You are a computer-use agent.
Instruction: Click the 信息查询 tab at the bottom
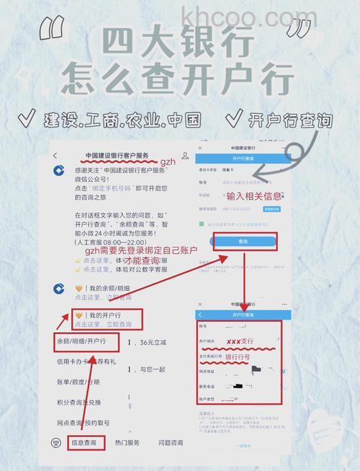(x=87, y=442)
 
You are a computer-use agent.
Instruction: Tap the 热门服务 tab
(x=127, y=442)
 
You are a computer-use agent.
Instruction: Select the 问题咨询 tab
(x=171, y=442)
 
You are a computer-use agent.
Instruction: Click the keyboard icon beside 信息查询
(x=56, y=442)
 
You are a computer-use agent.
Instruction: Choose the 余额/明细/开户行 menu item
(x=81, y=340)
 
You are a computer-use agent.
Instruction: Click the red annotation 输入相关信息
(x=253, y=196)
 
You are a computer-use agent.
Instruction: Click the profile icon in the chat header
(x=185, y=156)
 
